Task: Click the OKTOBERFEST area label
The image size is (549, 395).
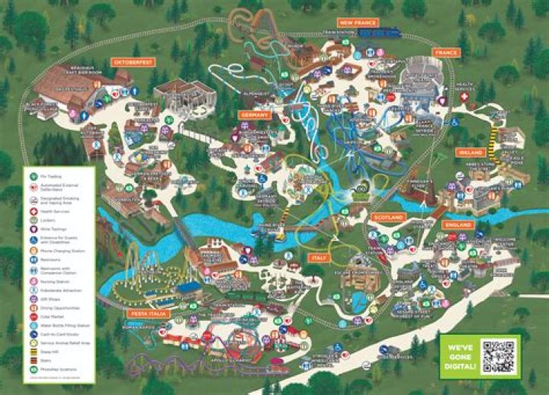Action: coord(133,60)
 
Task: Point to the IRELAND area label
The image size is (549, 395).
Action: coord(470,153)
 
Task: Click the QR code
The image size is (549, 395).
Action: coord(499,356)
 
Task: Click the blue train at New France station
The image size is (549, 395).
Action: coord(379,34)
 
